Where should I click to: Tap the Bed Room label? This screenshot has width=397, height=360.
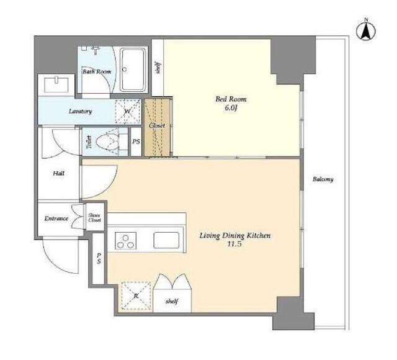(231, 99)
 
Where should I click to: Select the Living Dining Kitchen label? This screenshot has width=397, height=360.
(235, 236)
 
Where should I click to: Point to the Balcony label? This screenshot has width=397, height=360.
(323, 179)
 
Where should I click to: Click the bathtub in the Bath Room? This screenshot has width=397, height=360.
(132, 70)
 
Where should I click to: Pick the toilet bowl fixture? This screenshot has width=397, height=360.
(107, 142)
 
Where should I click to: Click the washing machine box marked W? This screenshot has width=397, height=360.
(128, 112)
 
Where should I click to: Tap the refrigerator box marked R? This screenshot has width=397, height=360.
(136, 295)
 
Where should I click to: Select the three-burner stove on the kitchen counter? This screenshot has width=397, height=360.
(125, 241)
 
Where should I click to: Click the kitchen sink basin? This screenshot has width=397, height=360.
(166, 240)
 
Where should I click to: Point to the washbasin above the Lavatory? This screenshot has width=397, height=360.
(56, 85)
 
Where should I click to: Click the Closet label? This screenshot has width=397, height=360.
(157, 125)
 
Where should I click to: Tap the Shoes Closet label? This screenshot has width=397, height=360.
(94, 218)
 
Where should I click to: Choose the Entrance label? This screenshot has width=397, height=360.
(56, 218)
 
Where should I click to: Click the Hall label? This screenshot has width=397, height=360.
(58, 174)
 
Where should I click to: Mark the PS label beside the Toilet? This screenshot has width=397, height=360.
(136, 142)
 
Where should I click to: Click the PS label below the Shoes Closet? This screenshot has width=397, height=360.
(99, 258)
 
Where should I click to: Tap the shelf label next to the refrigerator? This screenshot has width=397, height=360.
(172, 302)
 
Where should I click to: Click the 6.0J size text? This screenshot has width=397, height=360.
(231, 108)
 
